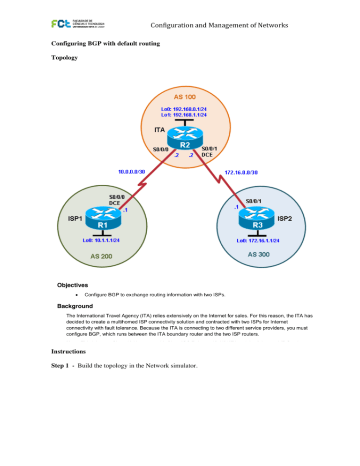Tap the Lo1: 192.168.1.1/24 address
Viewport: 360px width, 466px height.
click(x=185, y=114)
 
